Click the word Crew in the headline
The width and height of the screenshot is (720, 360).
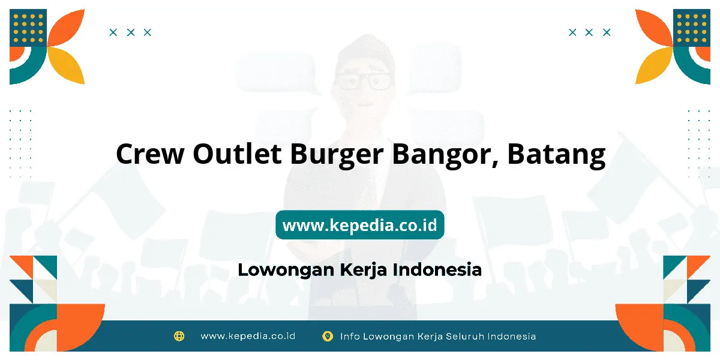150,154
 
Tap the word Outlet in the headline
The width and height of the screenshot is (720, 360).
237,153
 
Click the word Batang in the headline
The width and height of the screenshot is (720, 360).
556,155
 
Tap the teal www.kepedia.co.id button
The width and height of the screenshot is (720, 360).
360,225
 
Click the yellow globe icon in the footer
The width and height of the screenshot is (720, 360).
179,336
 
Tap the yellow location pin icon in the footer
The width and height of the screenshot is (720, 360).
328,337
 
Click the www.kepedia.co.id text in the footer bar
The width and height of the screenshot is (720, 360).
248,336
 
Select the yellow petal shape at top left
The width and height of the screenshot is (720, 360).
66,65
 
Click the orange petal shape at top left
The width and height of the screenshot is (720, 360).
66,28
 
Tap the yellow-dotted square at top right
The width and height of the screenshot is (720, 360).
692,28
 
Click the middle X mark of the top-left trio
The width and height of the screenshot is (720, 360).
131,32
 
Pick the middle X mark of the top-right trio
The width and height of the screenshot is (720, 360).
589,32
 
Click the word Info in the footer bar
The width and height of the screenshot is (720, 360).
349,336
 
